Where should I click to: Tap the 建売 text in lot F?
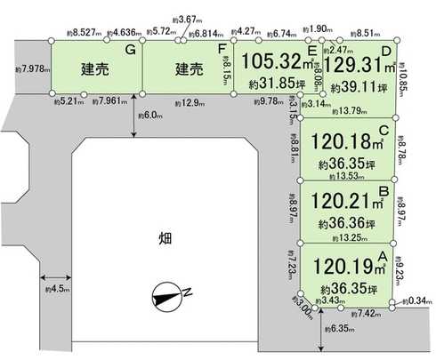190,68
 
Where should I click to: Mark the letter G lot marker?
130,51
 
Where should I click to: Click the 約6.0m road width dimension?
149,115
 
